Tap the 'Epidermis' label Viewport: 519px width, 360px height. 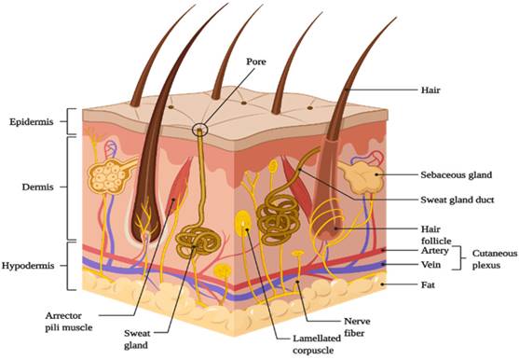tap(34, 122)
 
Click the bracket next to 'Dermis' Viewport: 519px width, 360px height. tap(70, 187)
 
